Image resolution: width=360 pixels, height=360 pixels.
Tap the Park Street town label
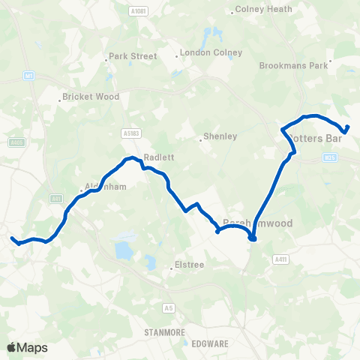click(133, 56)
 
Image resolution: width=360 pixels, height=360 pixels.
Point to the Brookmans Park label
click(294, 65)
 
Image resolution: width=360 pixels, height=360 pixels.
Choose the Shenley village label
click(220, 136)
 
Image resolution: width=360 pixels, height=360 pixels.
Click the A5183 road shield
click(131, 133)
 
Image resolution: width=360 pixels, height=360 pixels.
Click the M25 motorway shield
click(331, 157)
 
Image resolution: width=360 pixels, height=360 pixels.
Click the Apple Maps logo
click(27, 347)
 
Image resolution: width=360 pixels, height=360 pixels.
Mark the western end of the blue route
click(12, 238)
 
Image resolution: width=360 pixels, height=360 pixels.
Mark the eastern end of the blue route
click(348, 126)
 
